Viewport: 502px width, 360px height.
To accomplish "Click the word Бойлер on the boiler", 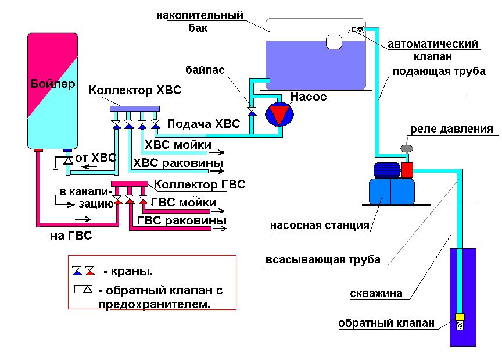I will pyautogui.click(x=52, y=84).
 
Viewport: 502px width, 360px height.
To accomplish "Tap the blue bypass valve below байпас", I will pyautogui.click(x=252, y=111).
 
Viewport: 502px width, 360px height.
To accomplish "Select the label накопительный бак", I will pyautogui.click(x=199, y=22).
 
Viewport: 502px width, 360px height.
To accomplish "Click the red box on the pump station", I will pyautogui.click(x=407, y=170).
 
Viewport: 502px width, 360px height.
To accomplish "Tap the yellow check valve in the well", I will pyautogui.click(x=460, y=318).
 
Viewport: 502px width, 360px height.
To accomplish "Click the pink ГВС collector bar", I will pyautogui.click(x=129, y=185).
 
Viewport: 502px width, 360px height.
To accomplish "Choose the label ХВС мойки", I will pyautogui.click(x=178, y=145).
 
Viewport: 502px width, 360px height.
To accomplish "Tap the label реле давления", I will pyautogui.click(x=451, y=129).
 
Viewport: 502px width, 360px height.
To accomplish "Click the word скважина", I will pyautogui.click(x=376, y=294).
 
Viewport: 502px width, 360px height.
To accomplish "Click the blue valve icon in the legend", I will pyautogui.click(x=77, y=271).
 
